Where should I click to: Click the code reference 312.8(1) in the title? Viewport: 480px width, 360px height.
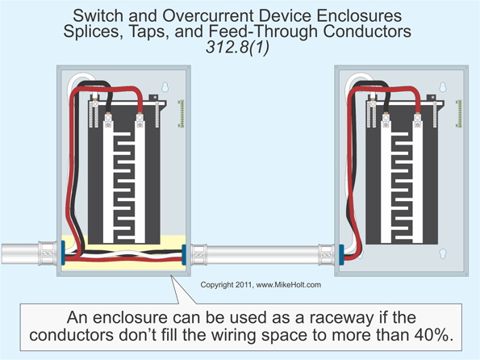[240, 47]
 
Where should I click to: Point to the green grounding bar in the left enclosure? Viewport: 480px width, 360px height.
[182, 114]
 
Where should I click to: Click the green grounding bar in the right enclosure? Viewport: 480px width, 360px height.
[459, 114]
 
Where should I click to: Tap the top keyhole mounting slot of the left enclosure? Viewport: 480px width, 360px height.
[165, 86]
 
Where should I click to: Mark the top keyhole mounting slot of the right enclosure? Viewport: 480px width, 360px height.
[443, 86]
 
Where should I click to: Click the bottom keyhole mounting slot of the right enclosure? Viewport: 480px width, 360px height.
[443, 253]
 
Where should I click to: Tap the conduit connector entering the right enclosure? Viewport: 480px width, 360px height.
[325, 254]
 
